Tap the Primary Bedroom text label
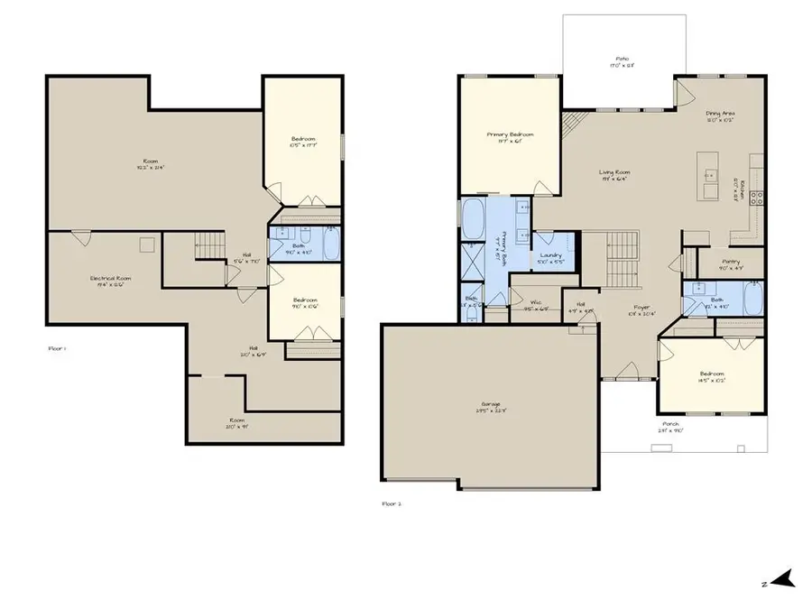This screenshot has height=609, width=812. [x=510, y=137]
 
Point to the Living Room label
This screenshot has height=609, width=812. [x=615, y=175]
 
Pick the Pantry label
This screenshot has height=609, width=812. [x=731, y=264]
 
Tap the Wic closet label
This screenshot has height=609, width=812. [x=535, y=305]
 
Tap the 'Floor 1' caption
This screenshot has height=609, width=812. [x=59, y=346]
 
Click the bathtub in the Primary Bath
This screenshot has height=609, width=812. [x=473, y=218]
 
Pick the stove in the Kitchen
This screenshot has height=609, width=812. [x=758, y=198]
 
